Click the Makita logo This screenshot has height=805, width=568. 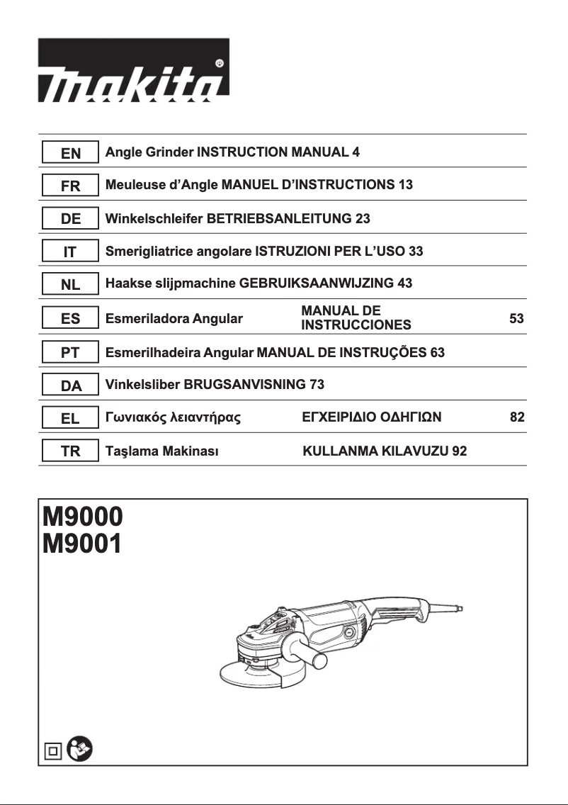(x=133, y=70)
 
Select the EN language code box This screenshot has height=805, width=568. (x=70, y=153)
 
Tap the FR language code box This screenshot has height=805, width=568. (x=70, y=186)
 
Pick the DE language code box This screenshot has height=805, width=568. (x=70, y=220)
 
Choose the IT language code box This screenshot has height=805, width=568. (x=70, y=252)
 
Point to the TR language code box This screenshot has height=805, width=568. (x=70, y=451)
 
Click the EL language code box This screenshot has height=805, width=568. (x=70, y=418)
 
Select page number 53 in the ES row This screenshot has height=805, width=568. (x=516, y=319)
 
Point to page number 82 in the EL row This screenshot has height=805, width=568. (x=517, y=417)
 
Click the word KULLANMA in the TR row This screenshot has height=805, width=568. (x=336, y=451)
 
